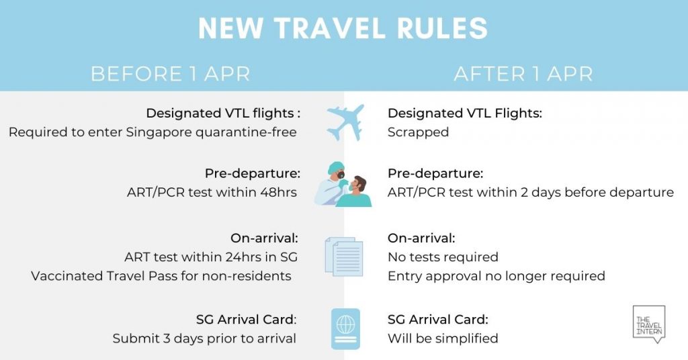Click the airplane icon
click(x=346, y=122)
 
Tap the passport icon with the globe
click(x=346, y=329)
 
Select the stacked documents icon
click(x=344, y=257)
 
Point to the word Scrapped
click(x=418, y=132)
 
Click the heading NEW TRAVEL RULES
click(x=343, y=28)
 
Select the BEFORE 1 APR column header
click(x=171, y=74)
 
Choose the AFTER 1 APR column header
click(x=523, y=74)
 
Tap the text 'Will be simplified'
click(x=443, y=339)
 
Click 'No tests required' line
click(x=443, y=257)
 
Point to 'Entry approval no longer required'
click(x=497, y=276)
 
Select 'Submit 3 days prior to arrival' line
click(x=204, y=339)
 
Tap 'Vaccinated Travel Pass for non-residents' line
click(x=161, y=276)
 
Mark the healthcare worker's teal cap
click(x=336, y=167)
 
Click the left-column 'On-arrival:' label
click(x=264, y=238)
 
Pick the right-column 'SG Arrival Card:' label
click(x=438, y=319)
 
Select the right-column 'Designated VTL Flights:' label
click(x=465, y=113)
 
